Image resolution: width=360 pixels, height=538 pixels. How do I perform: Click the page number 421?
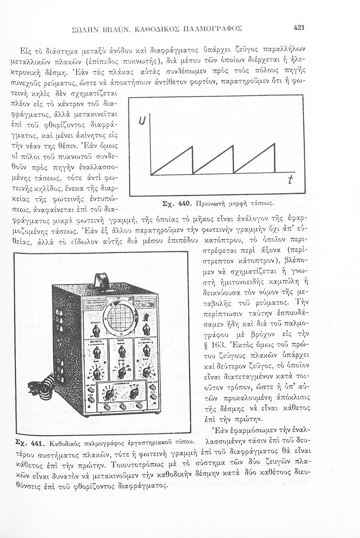point(299,27)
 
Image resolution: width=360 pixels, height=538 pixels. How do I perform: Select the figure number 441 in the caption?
point(37,443)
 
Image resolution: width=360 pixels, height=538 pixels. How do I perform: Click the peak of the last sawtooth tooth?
point(275,143)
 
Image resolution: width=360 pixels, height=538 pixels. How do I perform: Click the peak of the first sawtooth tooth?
point(193,145)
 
